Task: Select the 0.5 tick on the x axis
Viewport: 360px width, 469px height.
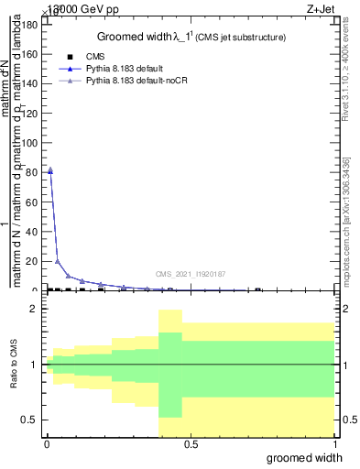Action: pyautogui.click(x=191, y=445)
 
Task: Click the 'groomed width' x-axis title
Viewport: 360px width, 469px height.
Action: pyautogui.click(x=309, y=457)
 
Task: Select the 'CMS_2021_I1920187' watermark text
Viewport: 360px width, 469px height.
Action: pyautogui.click(x=190, y=274)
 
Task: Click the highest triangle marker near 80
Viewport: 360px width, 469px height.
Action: pyautogui.click(x=49, y=169)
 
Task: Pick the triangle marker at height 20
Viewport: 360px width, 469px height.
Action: pyautogui.click(x=59, y=261)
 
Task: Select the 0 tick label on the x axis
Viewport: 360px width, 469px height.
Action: pyautogui.click(x=47, y=445)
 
